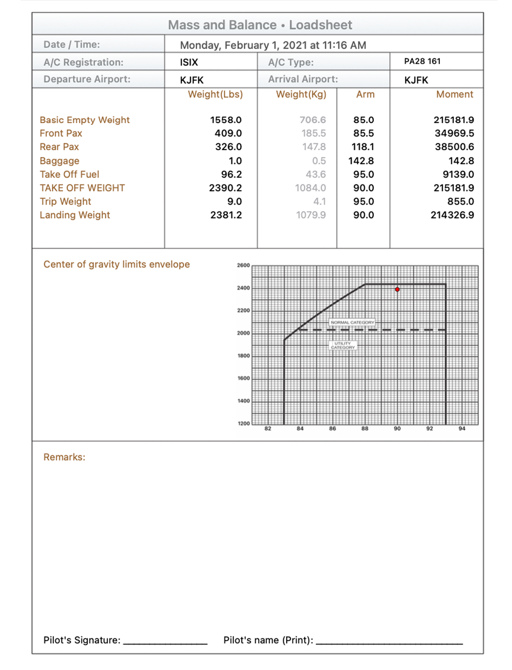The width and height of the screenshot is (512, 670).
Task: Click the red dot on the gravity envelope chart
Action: tap(397, 290)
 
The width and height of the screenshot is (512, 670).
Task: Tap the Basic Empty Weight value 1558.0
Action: tap(226, 120)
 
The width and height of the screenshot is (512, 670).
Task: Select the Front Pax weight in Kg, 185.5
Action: tap(313, 133)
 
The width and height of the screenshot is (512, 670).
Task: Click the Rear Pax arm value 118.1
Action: tap(362, 147)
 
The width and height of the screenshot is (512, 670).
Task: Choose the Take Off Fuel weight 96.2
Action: tap(231, 174)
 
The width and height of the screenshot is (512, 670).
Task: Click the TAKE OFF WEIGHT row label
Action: tap(82, 188)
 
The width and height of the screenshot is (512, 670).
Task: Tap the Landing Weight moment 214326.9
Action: tap(452, 215)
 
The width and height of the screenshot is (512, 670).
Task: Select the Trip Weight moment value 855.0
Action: tap(460, 201)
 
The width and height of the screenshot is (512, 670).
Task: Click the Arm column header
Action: tap(365, 94)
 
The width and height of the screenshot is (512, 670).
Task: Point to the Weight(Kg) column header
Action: tap(301, 94)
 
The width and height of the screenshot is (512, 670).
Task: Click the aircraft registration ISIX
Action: tap(189, 63)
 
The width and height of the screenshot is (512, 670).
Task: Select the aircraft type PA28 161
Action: tap(422, 62)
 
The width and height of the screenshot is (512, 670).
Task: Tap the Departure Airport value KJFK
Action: tap(192, 80)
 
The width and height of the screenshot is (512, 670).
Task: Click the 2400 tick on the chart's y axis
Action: tap(243, 288)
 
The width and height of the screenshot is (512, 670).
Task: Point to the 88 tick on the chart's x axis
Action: tap(365, 429)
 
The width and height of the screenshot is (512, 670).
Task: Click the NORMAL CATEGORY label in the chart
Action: tap(352, 322)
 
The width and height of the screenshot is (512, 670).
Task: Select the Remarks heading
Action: tap(65, 457)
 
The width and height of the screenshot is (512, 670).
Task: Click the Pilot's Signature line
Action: tap(165, 641)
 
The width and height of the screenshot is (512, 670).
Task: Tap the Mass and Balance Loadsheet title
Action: tap(260, 25)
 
